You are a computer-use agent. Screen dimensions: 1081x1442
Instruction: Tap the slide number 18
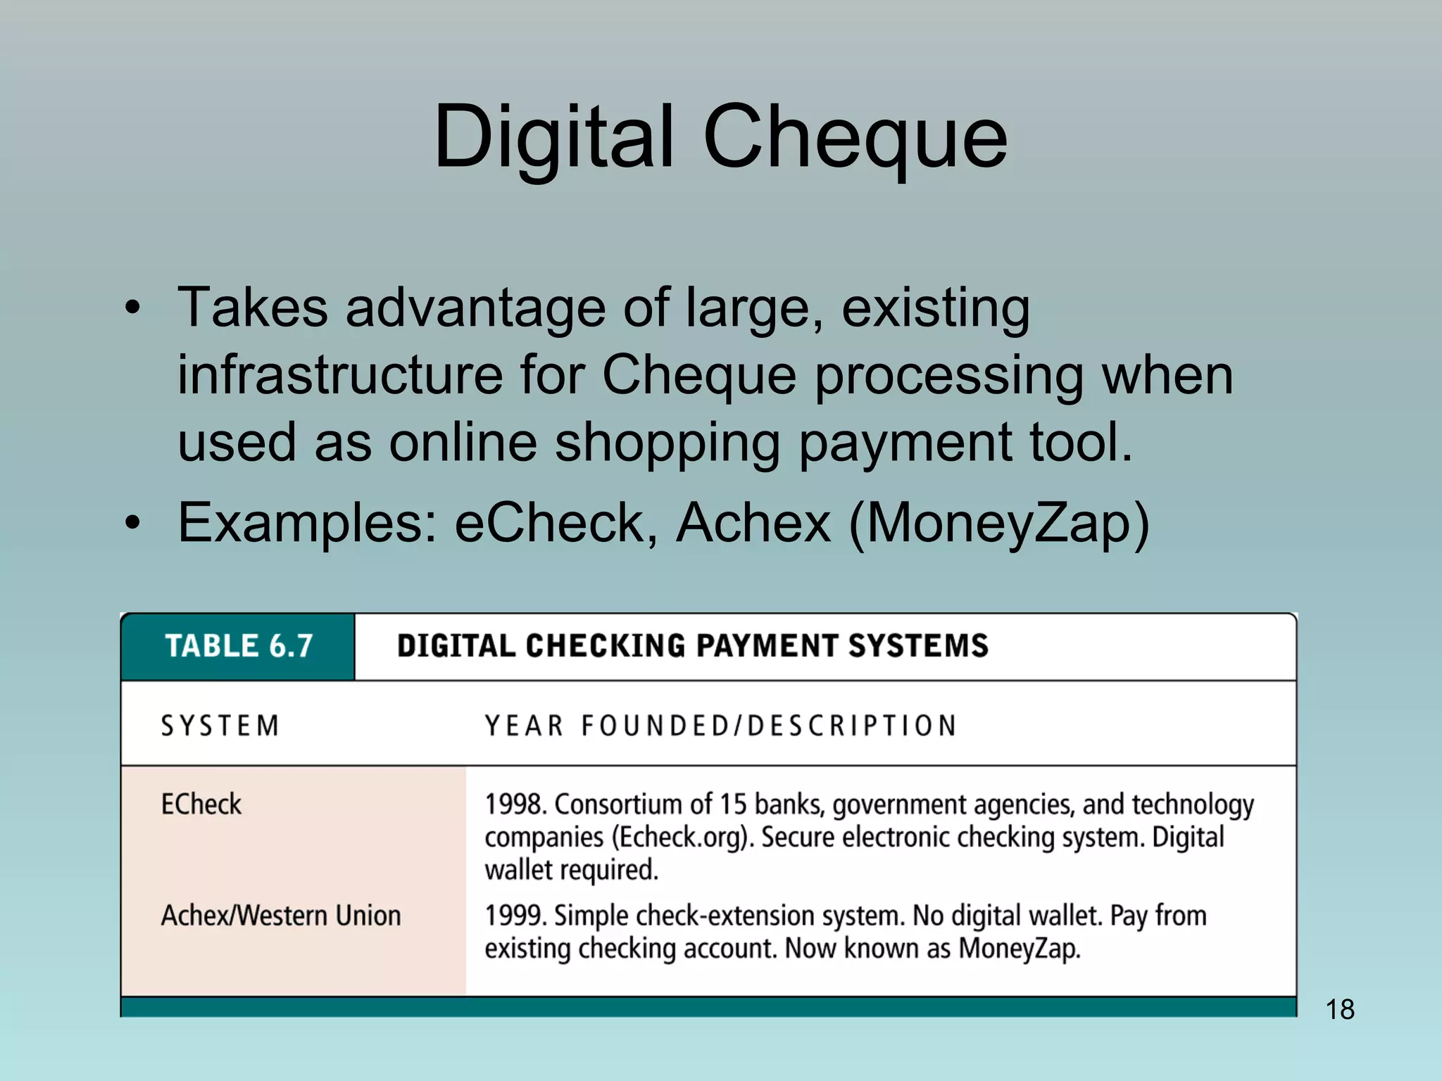click(1339, 1009)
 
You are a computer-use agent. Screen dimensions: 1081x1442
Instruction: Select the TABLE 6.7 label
click(239, 646)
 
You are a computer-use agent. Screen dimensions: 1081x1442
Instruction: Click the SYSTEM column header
click(220, 726)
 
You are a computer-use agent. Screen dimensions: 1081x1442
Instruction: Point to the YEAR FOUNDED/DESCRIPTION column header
click(721, 726)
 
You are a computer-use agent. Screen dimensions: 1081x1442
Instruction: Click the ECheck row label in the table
click(201, 804)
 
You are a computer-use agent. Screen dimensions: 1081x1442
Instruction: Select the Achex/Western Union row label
click(281, 916)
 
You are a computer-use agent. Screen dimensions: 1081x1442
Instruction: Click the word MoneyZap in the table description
click(1019, 949)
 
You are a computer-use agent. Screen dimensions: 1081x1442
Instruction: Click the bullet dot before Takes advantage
click(132, 308)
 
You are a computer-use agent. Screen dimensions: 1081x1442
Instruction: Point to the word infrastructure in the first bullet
click(339, 374)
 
